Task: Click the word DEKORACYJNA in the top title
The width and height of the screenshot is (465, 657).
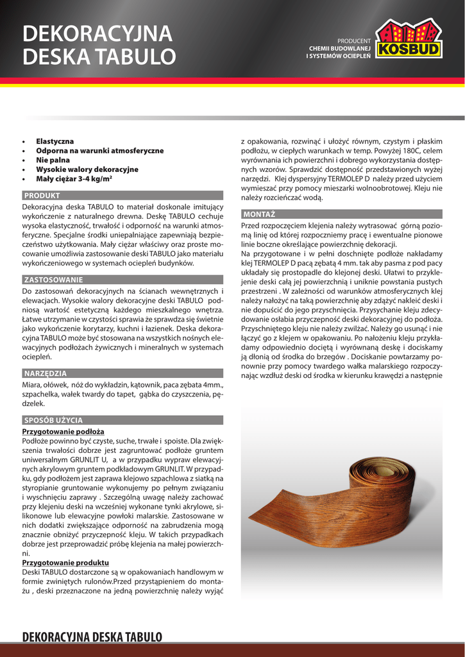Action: tap(97, 33)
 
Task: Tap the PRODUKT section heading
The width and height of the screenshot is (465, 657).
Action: tap(42, 195)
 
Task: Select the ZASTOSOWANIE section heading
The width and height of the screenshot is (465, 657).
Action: tap(53, 280)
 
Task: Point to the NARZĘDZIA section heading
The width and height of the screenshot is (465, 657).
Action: tap(45, 373)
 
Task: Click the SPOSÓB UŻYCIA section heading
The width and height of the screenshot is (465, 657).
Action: tap(53, 420)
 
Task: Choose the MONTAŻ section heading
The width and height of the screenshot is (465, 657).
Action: tap(259, 213)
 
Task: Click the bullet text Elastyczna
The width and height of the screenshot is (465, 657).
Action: tap(55, 141)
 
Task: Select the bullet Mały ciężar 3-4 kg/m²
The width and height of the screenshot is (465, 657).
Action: tap(74, 179)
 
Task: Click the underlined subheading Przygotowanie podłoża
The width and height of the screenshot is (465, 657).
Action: tap(63, 432)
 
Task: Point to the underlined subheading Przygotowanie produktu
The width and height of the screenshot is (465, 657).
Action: tap(65, 563)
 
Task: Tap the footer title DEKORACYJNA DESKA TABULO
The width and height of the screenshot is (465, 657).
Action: tap(92, 636)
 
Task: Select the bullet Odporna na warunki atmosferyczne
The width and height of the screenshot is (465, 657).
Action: tap(99, 150)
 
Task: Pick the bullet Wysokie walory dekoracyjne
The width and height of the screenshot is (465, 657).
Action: tap(87, 169)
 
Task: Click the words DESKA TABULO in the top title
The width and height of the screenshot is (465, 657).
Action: tap(99, 57)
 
